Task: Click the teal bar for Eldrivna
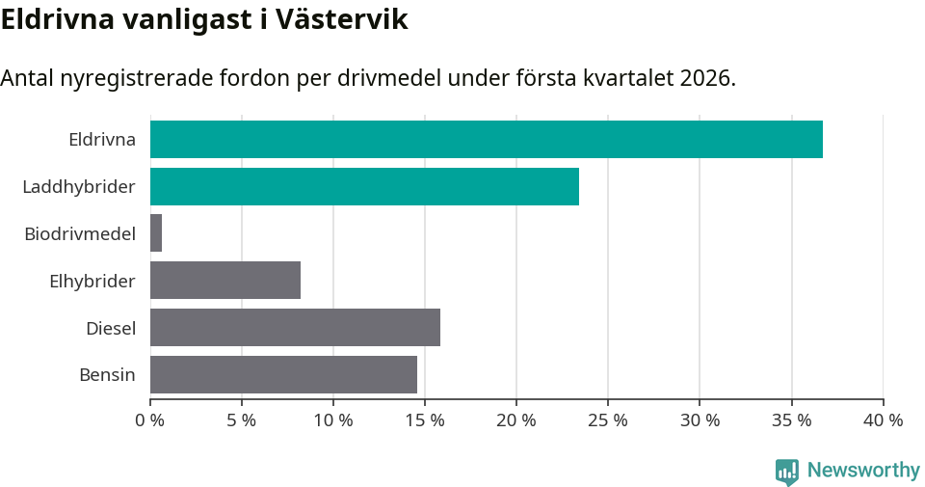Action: pyautogui.click(x=487, y=139)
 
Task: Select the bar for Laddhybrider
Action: pyautogui.click(x=364, y=186)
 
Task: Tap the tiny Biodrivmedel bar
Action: pyautogui.click(x=156, y=233)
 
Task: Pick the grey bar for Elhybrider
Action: pyautogui.click(x=225, y=281)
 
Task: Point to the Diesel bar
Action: pyautogui.click(x=295, y=328)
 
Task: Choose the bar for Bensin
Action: pyautogui.click(x=283, y=374)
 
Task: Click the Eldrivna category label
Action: pyautogui.click(x=102, y=139)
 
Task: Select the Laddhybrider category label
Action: pyautogui.click(x=79, y=186)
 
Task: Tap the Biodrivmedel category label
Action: pyautogui.click(x=80, y=233)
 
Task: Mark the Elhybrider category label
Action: pyautogui.click(x=92, y=281)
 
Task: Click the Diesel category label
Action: pyautogui.click(x=111, y=328)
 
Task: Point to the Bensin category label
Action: pyautogui.click(x=107, y=374)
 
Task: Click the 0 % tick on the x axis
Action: pyautogui.click(x=150, y=420)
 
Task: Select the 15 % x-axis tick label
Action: pyautogui.click(x=425, y=420)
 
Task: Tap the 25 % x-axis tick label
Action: pyautogui.click(x=608, y=420)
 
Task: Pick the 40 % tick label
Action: pyautogui.click(x=883, y=420)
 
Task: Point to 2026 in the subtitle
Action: pyautogui.click(x=703, y=78)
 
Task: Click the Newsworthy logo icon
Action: pyautogui.click(x=787, y=471)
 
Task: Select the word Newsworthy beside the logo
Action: pyautogui.click(x=863, y=471)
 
